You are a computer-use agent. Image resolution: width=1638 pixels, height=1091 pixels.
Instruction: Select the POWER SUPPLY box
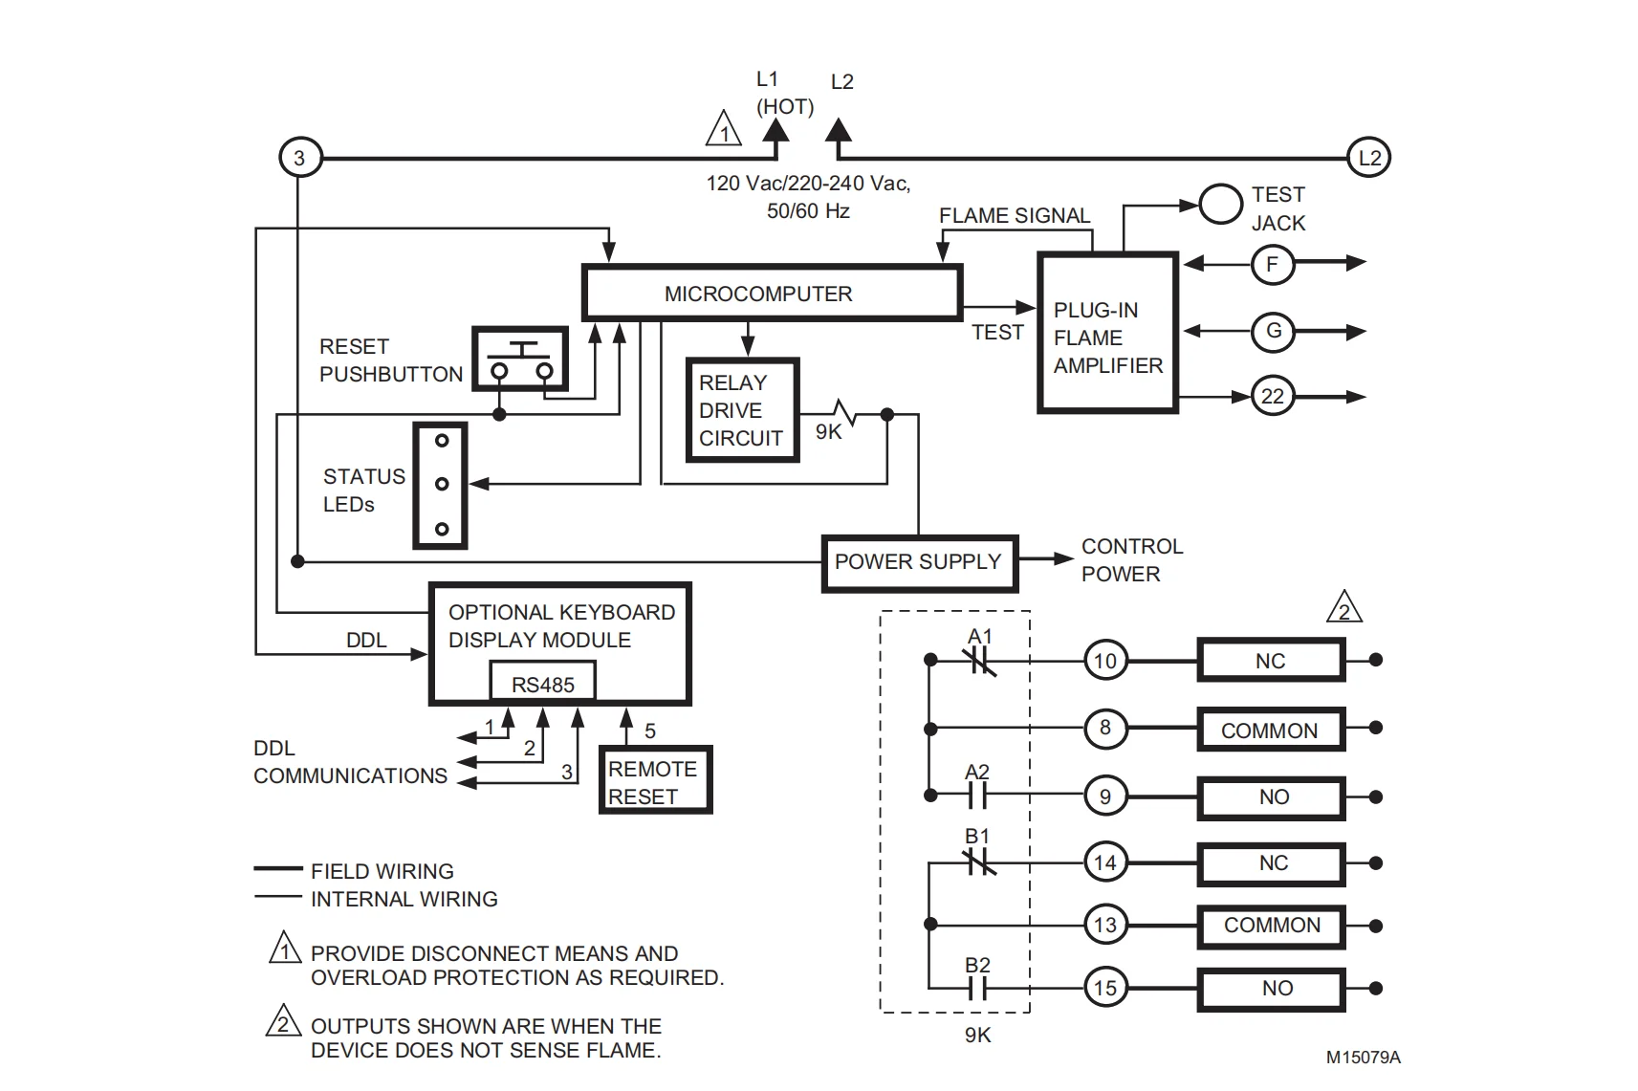pyautogui.click(x=919, y=562)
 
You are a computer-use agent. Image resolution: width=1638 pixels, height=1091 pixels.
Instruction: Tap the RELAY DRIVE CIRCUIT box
pyautogui.click(x=742, y=410)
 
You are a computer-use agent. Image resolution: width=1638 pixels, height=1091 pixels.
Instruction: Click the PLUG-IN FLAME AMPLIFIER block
pyautogui.click(x=1107, y=334)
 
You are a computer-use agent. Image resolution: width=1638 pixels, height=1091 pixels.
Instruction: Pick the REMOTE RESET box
pyautogui.click(x=655, y=781)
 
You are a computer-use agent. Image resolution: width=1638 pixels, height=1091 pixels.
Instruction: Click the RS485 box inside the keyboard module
pyautogui.click(x=542, y=684)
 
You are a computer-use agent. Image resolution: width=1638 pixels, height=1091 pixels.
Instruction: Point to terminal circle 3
pyautogui.click(x=299, y=158)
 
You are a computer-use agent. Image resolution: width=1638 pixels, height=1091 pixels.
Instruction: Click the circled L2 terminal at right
pyautogui.click(x=1369, y=158)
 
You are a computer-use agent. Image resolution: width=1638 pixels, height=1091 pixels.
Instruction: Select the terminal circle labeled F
pyautogui.click(x=1272, y=264)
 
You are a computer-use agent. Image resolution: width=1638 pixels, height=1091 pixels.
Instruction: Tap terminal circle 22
pyautogui.click(x=1272, y=396)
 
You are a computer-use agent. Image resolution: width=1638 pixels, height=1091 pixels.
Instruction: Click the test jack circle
pyautogui.click(x=1220, y=205)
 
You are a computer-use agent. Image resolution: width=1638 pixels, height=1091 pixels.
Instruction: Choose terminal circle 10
pyautogui.click(x=1104, y=661)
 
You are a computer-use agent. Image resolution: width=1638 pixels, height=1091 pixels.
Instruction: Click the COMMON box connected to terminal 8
pyautogui.click(x=1271, y=731)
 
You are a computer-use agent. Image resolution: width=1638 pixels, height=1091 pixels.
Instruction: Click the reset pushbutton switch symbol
pyautogui.click(x=520, y=360)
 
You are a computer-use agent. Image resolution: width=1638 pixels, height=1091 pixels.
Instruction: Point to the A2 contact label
pyautogui.click(x=977, y=773)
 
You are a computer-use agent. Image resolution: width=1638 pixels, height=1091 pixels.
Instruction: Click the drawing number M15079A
pyautogui.click(x=1363, y=1058)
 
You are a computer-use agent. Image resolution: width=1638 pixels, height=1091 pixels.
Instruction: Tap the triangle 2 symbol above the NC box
pyautogui.click(x=1343, y=608)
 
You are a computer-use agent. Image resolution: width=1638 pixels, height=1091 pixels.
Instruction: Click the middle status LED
pyautogui.click(x=442, y=484)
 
